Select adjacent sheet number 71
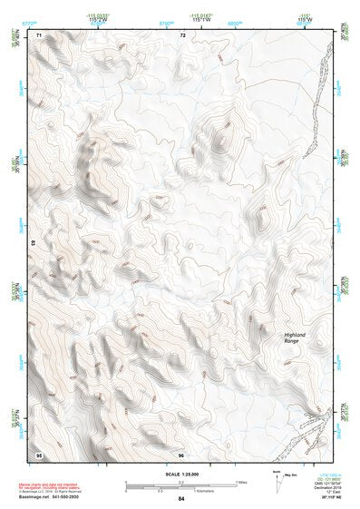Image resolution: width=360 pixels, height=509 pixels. [39, 34]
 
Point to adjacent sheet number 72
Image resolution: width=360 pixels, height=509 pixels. [182, 34]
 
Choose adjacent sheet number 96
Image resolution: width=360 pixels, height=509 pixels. [180, 454]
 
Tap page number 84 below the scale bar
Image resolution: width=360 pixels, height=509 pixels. [181, 499]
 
